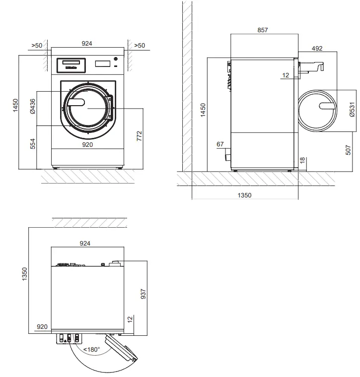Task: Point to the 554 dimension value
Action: click(x=32, y=144)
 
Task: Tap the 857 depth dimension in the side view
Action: click(x=263, y=30)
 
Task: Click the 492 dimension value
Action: click(x=317, y=48)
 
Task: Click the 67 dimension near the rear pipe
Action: click(x=220, y=144)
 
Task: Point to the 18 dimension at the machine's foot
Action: click(x=302, y=160)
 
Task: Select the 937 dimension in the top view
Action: click(x=143, y=294)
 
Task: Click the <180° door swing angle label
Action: click(x=91, y=349)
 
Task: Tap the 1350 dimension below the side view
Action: click(x=244, y=195)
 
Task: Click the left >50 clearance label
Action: click(x=37, y=45)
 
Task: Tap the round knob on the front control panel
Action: click(x=116, y=59)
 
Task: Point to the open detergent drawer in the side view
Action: click(x=310, y=66)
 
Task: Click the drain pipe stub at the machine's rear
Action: click(x=228, y=157)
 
